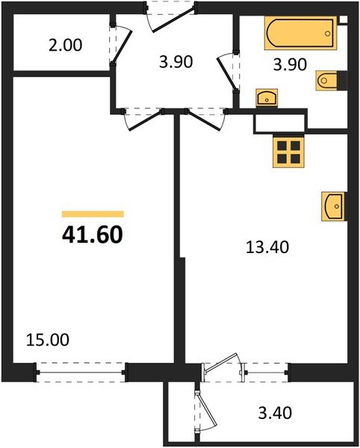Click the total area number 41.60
[x=92, y=234]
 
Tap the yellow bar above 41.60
[x=93, y=214]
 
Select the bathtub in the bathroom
[x=300, y=34]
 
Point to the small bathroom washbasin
[x=266, y=97]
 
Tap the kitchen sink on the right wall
[x=333, y=206]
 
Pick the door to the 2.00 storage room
[x=120, y=46]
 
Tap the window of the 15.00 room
[x=81, y=369]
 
